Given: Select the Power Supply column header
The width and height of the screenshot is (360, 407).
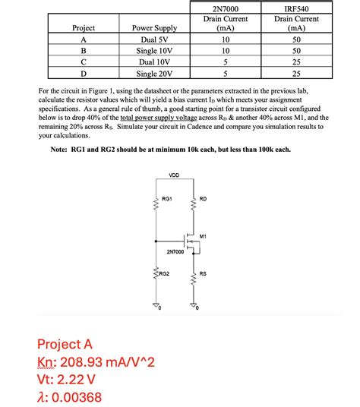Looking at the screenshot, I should (x=154, y=28).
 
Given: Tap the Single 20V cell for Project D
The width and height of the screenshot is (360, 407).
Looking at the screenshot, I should (x=154, y=74).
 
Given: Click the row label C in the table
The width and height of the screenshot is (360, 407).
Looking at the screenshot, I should (x=82, y=62).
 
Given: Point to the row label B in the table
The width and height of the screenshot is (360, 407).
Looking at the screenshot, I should (x=82, y=50).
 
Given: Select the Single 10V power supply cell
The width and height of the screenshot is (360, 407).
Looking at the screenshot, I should (x=154, y=50).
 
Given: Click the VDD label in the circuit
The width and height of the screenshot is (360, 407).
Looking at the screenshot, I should (x=174, y=175).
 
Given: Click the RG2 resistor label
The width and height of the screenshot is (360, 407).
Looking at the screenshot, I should (x=164, y=272).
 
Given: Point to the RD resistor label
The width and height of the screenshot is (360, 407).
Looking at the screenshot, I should (x=203, y=199).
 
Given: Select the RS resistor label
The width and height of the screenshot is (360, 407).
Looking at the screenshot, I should (x=203, y=272).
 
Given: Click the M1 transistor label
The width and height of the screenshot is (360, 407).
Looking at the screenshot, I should (x=204, y=236).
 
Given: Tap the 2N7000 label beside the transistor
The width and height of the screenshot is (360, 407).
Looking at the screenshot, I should (x=175, y=251).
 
